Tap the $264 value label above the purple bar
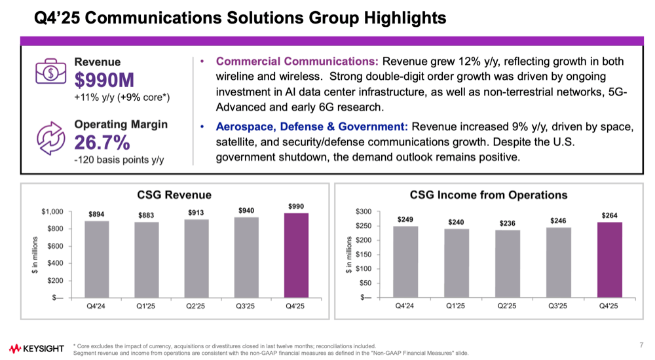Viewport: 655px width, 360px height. click(608, 215)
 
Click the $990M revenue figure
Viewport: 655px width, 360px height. click(104, 81)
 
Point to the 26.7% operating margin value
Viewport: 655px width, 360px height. click(102, 143)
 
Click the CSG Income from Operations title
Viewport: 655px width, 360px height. click(489, 194)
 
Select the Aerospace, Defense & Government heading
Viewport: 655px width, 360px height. click(312, 126)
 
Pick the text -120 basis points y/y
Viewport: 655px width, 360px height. click(119, 160)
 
